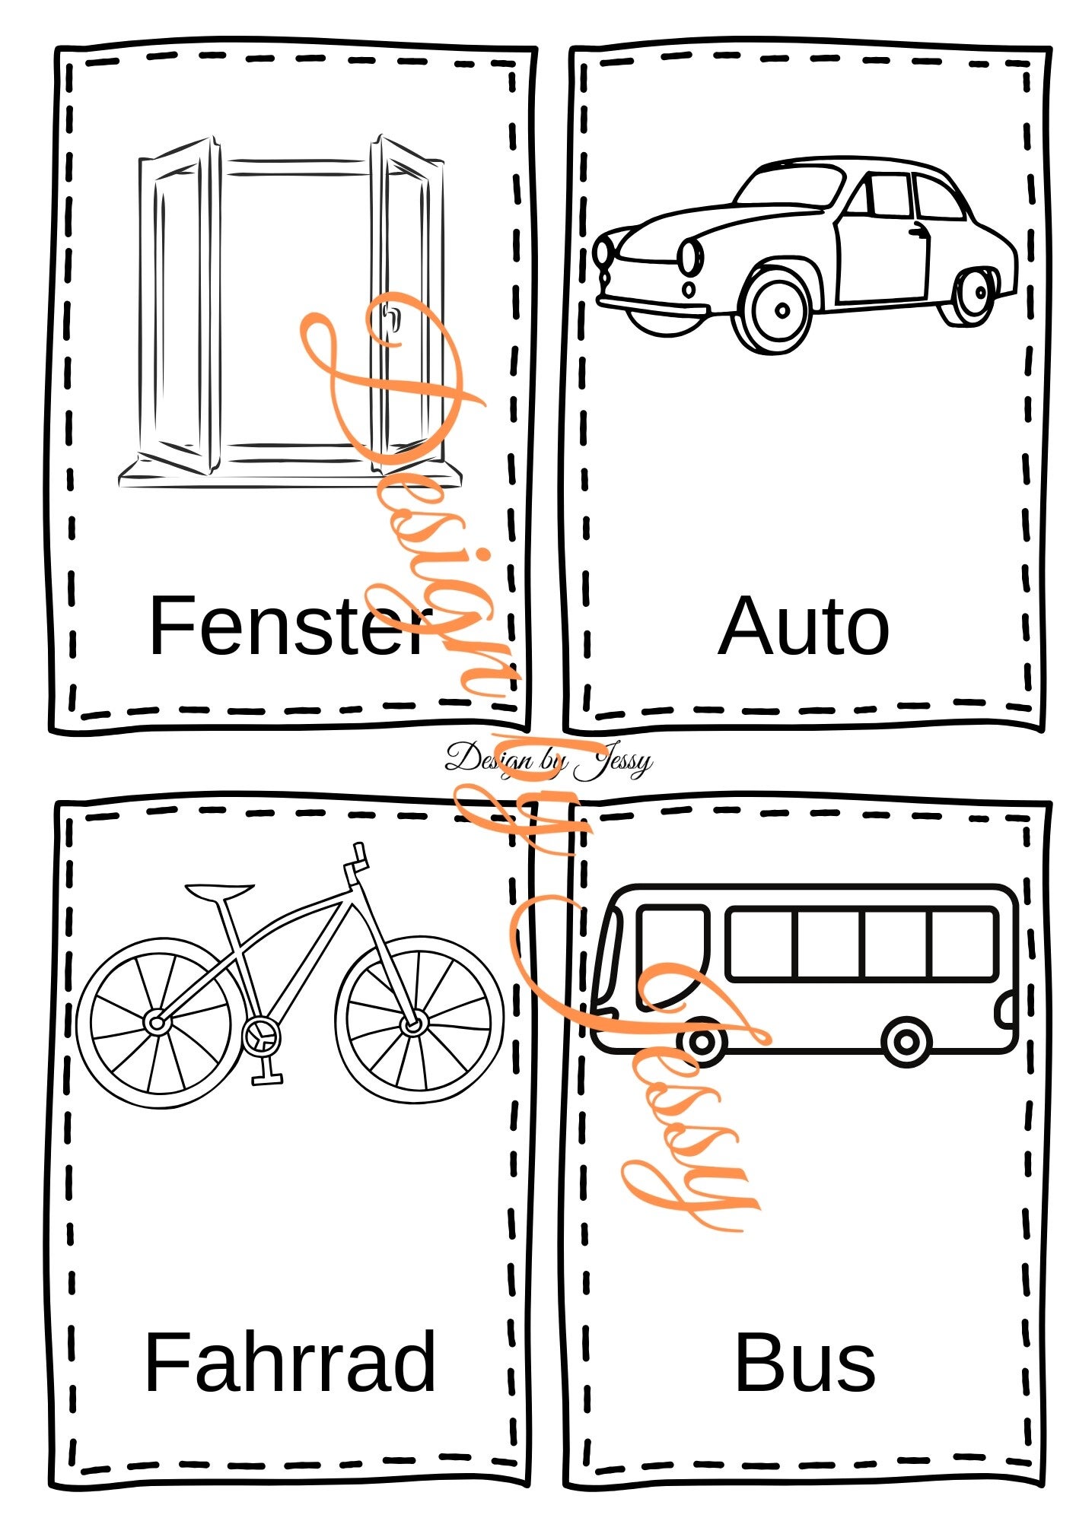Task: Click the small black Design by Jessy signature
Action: pyautogui.click(x=548, y=758)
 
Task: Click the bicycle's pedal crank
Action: pyautogui.click(x=261, y=1036)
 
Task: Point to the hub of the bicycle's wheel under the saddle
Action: pyautogui.click(x=157, y=1023)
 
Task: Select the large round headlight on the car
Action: pyautogui.click(x=689, y=256)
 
